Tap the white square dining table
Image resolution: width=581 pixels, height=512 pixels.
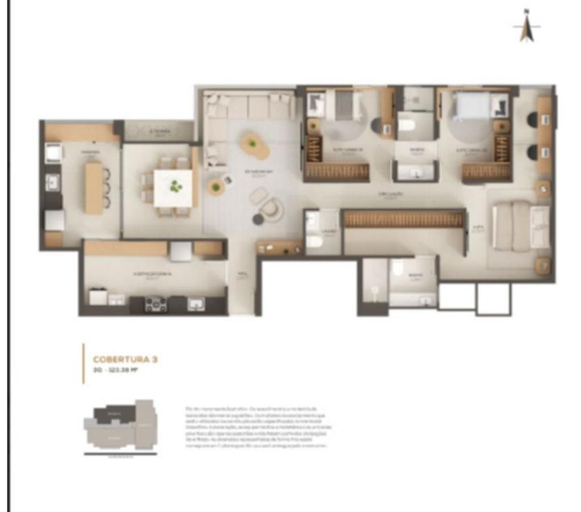click(173, 187)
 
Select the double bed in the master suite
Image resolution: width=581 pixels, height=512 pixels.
click(521, 226)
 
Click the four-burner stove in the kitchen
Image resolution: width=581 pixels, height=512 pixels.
click(155, 304)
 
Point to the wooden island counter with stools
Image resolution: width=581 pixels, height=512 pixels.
click(94, 187)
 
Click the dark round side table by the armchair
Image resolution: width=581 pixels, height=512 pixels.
click(258, 219)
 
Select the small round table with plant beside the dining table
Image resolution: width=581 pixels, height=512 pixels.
click(216, 187)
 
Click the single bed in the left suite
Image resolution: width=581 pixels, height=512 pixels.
click(343, 106)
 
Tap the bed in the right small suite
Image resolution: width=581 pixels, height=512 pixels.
click(472, 106)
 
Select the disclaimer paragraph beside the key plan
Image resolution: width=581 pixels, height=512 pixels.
click(258, 427)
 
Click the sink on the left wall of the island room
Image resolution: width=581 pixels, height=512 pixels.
click(52, 182)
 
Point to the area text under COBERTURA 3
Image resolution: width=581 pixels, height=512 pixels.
click(116, 370)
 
